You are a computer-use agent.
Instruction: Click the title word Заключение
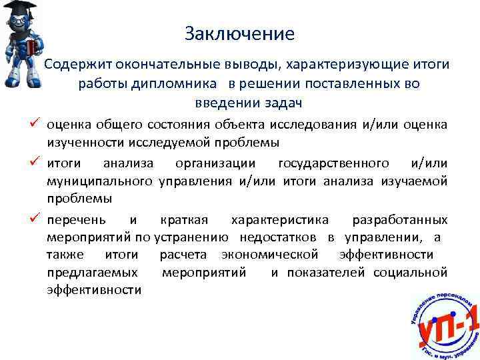239,33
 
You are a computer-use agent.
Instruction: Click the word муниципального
101,181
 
